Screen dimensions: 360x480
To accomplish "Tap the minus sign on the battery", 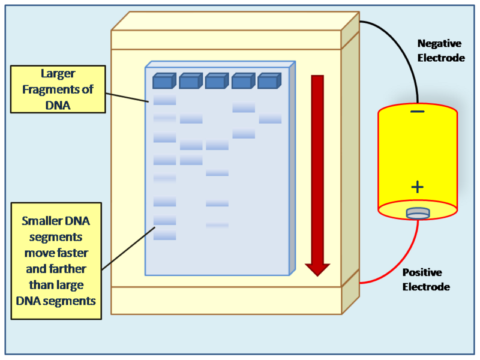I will pyautogui.click(x=418, y=112).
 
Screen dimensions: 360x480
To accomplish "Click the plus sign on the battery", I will pyautogui.click(x=418, y=187).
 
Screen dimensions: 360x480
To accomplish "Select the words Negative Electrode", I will pyautogui.click(x=441, y=51).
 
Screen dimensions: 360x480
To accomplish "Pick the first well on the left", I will pyautogui.click(x=163, y=81).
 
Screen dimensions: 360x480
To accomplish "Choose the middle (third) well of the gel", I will pyautogui.click(x=216, y=81).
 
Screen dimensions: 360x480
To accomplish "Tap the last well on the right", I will pyautogui.click(x=269, y=81).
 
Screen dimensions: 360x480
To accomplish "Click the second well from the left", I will pyautogui.click(x=190, y=81).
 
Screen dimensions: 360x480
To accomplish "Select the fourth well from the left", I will pyautogui.click(x=242, y=81).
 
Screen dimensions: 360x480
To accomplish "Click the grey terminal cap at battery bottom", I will pyautogui.click(x=418, y=212).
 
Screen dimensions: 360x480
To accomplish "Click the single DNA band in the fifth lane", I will pyautogui.click(x=270, y=119).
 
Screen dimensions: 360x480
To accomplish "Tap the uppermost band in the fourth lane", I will pyautogui.click(x=244, y=107).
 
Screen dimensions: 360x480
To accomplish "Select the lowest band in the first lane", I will pyautogui.click(x=164, y=236).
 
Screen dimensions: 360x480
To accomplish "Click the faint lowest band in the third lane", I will pyautogui.click(x=217, y=225).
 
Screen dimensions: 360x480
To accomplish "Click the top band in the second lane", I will pyautogui.click(x=191, y=119).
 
